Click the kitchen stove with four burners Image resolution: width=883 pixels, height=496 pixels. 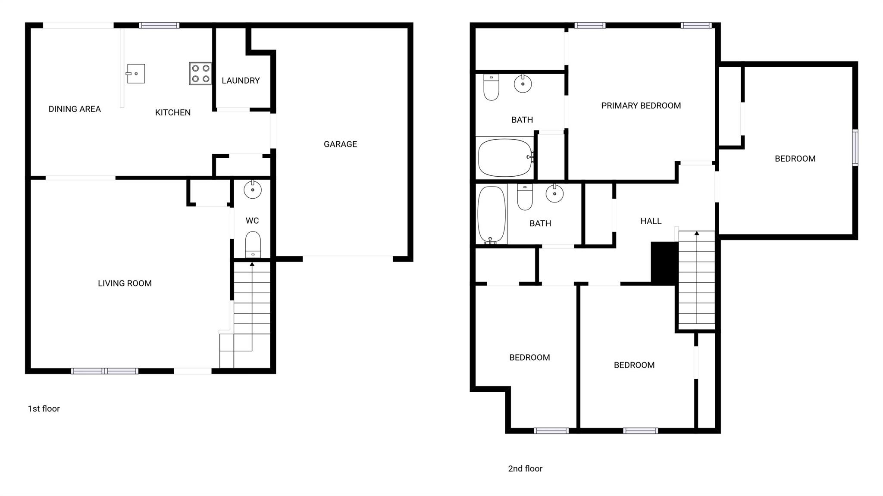click(x=200, y=73)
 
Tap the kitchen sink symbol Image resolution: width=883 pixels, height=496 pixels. click(x=136, y=74)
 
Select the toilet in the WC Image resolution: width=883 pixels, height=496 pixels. click(x=253, y=245)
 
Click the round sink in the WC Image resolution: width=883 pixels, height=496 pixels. click(x=253, y=189)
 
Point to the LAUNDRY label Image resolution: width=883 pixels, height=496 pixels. click(x=241, y=81)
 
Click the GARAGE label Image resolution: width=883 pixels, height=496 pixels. click(x=340, y=144)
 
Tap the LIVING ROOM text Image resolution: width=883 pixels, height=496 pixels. click(x=125, y=284)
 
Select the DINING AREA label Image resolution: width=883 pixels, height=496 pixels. click(x=75, y=109)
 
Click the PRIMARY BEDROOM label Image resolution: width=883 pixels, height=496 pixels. click(x=641, y=106)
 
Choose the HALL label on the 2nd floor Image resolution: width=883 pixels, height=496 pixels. click(x=651, y=221)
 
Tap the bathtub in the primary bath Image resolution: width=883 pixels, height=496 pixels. click(x=504, y=157)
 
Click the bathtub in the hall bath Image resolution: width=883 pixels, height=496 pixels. click(x=491, y=215)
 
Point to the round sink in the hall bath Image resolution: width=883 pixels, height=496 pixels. click(x=554, y=193)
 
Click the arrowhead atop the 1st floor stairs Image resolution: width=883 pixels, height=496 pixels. click(x=252, y=264)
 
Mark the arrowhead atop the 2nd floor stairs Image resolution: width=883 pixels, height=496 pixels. click(x=697, y=234)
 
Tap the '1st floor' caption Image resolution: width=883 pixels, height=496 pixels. click(x=44, y=409)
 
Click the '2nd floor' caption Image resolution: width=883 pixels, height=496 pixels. click(x=525, y=468)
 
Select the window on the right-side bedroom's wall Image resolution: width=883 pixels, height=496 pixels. click(x=855, y=147)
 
